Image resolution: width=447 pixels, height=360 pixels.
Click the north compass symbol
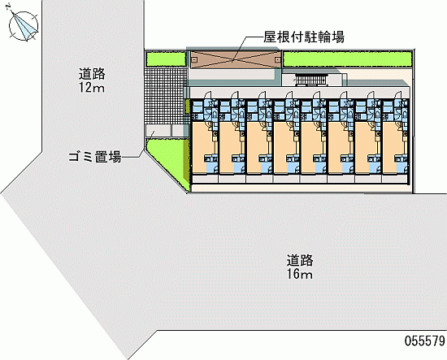24,26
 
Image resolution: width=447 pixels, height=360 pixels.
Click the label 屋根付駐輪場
304,37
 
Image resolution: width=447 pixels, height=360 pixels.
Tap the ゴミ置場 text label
94,157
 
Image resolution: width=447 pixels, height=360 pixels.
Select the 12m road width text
92,88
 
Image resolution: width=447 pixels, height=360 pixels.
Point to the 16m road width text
300,274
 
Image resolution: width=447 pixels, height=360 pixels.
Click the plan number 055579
424,340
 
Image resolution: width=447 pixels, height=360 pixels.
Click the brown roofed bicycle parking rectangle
236,60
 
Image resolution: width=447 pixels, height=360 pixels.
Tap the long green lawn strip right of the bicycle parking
348,59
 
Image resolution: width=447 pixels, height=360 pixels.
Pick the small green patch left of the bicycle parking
166,59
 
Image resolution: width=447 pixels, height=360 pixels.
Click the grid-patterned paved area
165,96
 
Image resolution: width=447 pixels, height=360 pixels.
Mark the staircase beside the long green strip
311,80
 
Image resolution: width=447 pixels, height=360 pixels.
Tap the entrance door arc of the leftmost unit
207,95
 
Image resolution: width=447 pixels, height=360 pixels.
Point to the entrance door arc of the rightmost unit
398,95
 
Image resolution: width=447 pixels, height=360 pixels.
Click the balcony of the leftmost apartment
205,179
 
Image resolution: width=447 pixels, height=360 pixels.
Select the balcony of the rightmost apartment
394,179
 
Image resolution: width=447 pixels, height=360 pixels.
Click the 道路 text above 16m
300,260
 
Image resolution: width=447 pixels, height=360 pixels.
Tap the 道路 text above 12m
92,74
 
